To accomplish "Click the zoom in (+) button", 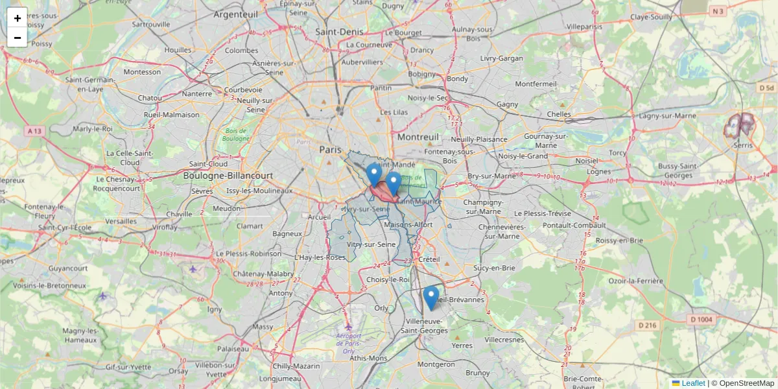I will point(18,18).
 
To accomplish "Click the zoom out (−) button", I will point(18,38).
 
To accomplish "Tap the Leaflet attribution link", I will point(692,383).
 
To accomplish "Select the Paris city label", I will point(330,150).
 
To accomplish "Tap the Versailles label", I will point(121,221).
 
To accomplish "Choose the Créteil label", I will point(429,259).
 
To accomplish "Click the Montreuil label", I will point(418,137).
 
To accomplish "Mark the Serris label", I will point(742,146).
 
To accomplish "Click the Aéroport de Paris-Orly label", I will point(349,339).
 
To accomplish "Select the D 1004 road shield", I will point(701,319).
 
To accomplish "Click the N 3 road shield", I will point(717,11).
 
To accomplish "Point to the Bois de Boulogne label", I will point(235,134).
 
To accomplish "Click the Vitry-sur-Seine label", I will point(371,244).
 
